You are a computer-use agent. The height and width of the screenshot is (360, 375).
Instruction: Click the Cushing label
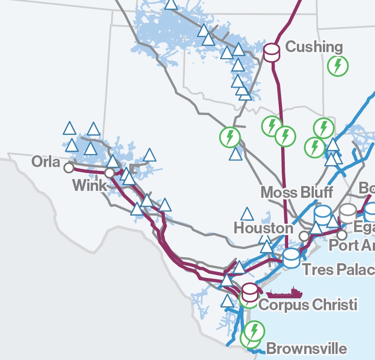click(314, 47)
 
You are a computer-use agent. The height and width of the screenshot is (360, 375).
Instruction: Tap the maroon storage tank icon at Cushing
click(272, 52)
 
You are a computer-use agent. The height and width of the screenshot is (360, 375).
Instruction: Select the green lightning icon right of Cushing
click(338, 65)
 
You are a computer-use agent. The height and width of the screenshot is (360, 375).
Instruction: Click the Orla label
click(46, 162)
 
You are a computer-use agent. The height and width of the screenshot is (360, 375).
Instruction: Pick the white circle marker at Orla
click(69, 167)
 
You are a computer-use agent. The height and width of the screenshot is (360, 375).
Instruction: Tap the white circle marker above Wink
click(109, 173)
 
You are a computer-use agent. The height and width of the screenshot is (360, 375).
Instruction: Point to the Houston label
click(263, 228)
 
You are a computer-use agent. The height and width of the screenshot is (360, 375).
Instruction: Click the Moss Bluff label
click(297, 192)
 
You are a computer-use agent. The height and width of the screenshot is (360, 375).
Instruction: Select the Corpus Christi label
click(308, 304)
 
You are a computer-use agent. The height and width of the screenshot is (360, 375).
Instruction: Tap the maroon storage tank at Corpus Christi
click(250, 292)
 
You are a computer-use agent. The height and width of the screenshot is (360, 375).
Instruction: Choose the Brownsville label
click(306, 348)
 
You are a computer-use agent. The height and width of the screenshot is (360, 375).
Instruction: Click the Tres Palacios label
click(339, 269)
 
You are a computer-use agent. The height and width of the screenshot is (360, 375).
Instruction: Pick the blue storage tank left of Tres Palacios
click(291, 258)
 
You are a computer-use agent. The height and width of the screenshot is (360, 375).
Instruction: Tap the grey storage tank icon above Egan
click(348, 213)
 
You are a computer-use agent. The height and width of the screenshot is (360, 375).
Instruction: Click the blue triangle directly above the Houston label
click(247, 214)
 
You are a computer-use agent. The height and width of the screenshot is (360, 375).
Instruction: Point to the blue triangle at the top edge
click(171, 3)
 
